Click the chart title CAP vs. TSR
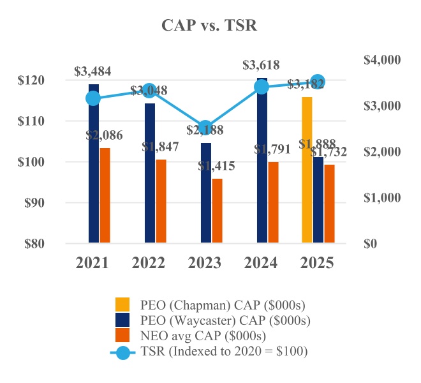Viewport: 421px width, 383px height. (x=209, y=25)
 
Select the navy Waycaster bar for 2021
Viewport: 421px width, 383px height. (x=94, y=163)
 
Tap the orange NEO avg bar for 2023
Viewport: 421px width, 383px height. (x=218, y=211)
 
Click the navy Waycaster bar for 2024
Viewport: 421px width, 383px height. (x=262, y=160)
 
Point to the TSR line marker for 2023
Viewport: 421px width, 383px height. (x=205, y=128)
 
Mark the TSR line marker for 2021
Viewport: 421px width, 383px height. (x=94, y=98)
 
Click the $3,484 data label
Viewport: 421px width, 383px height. (x=93, y=71)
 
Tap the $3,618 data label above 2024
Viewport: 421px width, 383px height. (x=262, y=65)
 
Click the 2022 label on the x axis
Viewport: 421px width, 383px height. (x=149, y=263)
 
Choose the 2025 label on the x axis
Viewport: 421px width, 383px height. (x=317, y=263)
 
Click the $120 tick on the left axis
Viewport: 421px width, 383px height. (x=33, y=80)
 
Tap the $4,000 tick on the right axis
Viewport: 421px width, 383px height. (x=381, y=60)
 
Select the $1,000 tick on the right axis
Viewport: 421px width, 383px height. (x=381, y=198)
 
